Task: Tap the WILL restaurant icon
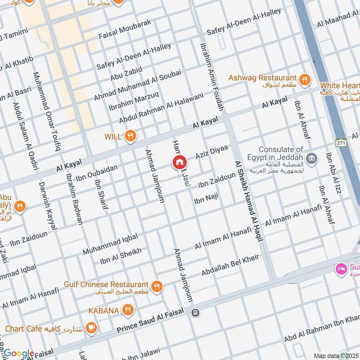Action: (130, 136)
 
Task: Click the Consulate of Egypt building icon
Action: (311, 158)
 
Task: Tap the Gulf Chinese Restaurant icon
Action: (157, 287)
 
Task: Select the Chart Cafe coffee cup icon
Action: (91, 328)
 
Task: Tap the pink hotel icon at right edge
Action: (341, 269)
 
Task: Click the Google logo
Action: (18, 354)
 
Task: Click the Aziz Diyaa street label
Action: (211, 152)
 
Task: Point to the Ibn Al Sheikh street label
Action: (121, 256)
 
